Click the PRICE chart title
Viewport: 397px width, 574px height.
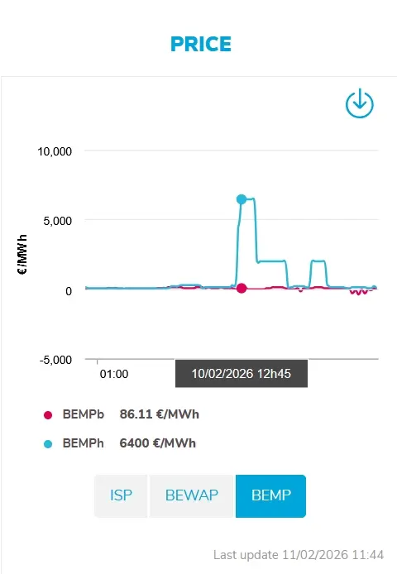(x=201, y=44)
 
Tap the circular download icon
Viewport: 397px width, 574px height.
(x=360, y=103)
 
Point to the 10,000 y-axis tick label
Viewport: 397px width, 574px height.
(x=55, y=151)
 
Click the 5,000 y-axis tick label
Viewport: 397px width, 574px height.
(x=58, y=221)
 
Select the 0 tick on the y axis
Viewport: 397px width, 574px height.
(x=69, y=291)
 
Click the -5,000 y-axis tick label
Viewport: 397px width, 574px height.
(x=55, y=360)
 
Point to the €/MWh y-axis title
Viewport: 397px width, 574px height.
(x=22, y=255)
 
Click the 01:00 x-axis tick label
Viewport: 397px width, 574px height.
(x=114, y=374)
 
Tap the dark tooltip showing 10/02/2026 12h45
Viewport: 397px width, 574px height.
(x=242, y=373)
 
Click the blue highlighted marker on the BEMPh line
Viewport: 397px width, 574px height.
(x=242, y=199)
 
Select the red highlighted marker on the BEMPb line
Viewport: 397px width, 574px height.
(x=242, y=288)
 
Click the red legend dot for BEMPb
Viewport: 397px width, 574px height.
(x=48, y=414)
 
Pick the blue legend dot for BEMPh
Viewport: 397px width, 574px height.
(x=48, y=444)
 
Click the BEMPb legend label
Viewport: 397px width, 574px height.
(x=84, y=414)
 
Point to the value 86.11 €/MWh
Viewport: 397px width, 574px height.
(x=160, y=414)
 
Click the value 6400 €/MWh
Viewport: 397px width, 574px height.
(x=158, y=443)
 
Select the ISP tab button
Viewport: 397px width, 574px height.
(x=121, y=495)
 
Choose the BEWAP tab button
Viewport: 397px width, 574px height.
(x=192, y=495)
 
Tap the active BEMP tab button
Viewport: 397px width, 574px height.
(x=271, y=495)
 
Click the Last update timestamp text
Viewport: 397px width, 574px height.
(x=299, y=555)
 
